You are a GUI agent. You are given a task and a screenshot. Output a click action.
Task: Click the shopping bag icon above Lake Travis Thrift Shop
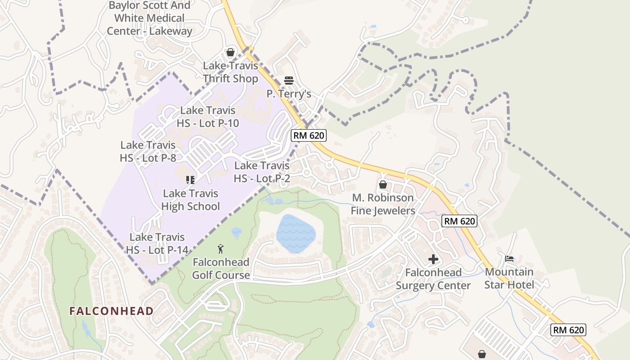pos(230,53)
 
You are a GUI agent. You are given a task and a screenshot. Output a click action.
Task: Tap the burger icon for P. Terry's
pos(289,81)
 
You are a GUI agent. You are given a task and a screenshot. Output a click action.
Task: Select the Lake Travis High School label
pos(190,200)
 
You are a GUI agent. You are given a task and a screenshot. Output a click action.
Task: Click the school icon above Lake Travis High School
pos(190,180)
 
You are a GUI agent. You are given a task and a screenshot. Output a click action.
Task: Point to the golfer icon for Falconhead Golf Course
pos(220,249)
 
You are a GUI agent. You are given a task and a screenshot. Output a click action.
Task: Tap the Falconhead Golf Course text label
pos(221,268)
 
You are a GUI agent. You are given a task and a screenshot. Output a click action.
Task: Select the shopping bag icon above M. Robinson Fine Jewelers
pos(382,184)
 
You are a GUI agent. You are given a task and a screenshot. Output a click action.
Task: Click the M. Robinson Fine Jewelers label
pos(383,204)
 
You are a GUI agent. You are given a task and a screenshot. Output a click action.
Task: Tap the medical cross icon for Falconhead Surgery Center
pos(433,259)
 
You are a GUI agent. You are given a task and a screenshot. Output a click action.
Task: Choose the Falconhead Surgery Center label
pos(433,279)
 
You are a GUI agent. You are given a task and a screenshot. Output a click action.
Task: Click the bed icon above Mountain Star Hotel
pos(509,258)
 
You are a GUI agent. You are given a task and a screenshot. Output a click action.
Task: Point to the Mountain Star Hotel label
pos(509,279)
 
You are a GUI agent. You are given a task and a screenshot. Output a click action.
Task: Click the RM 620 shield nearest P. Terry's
pos(308,135)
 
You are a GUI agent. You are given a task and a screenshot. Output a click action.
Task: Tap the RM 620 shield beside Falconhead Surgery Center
pos(459,221)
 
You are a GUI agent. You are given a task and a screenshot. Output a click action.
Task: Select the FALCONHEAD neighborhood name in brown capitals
pos(111,311)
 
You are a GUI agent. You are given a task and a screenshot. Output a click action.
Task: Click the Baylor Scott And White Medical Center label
pos(149,18)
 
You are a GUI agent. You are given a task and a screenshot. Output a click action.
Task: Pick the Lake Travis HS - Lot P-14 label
pos(157,243)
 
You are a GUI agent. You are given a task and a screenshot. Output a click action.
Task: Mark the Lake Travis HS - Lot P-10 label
pos(207,117)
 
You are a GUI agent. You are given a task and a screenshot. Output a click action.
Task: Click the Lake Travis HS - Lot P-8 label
pos(148,152)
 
